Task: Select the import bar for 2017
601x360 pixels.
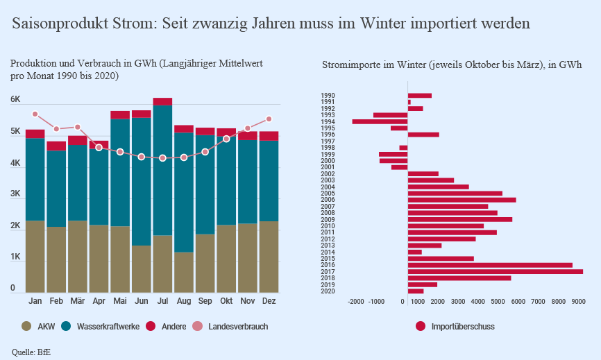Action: [495, 271]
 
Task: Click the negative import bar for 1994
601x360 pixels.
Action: [380, 121]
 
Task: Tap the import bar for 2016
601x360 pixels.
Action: [490, 265]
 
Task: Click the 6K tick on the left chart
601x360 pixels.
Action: [15, 100]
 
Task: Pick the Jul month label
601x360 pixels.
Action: [162, 302]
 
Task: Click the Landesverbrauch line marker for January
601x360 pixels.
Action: [35, 114]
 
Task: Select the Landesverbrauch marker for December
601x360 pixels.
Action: [269, 119]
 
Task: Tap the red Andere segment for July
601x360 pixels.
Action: [162, 101]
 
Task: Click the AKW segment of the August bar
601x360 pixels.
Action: [184, 272]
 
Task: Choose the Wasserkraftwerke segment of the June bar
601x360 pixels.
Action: [142, 180]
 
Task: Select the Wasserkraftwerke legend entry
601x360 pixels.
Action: [96, 326]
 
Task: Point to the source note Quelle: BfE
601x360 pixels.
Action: [31, 352]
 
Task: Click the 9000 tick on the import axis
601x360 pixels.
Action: [578, 302]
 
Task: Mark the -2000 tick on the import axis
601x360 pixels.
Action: [355, 302]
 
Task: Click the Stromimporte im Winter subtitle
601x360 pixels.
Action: [452, 65]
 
